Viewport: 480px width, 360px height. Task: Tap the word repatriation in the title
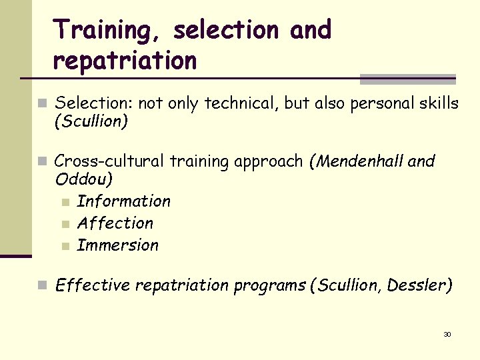125,61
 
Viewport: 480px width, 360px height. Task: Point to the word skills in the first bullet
437,103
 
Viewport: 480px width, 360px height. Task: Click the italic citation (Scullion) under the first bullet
91,121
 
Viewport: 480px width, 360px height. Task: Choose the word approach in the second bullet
271,162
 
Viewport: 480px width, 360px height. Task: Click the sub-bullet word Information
124,201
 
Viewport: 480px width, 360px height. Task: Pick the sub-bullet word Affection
115,223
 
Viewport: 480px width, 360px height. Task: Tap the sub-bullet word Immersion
118,245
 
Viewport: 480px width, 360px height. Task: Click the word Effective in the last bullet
93,285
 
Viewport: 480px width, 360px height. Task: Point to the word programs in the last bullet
273,286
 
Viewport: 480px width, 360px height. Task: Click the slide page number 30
447,334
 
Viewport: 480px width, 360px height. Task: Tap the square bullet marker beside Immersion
64,246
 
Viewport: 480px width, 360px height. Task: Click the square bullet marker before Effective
42,286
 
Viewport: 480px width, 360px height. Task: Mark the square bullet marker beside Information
64,202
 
